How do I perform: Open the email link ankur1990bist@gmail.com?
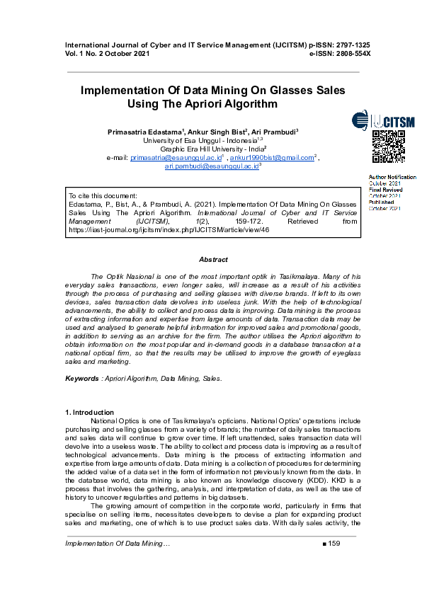click(x=272, y=158)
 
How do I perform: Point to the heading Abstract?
click(x=213, y=260)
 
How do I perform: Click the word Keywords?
click(x=81, y=379)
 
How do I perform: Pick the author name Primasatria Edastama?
click(x=145, y=132)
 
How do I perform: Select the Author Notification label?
click(x=392, y=177)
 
